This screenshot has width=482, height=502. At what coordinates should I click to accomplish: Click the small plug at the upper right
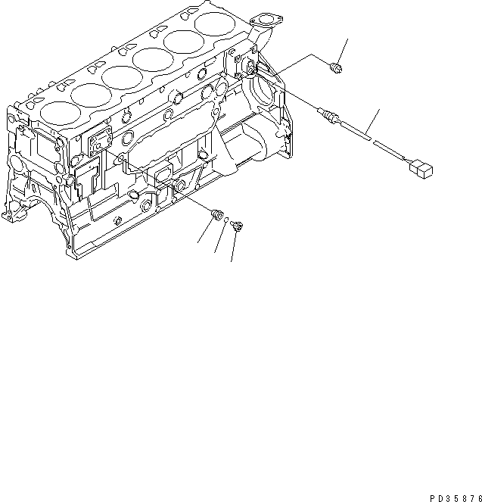pos(337,70)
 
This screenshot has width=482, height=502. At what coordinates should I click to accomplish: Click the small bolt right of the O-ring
pos(237,224)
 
